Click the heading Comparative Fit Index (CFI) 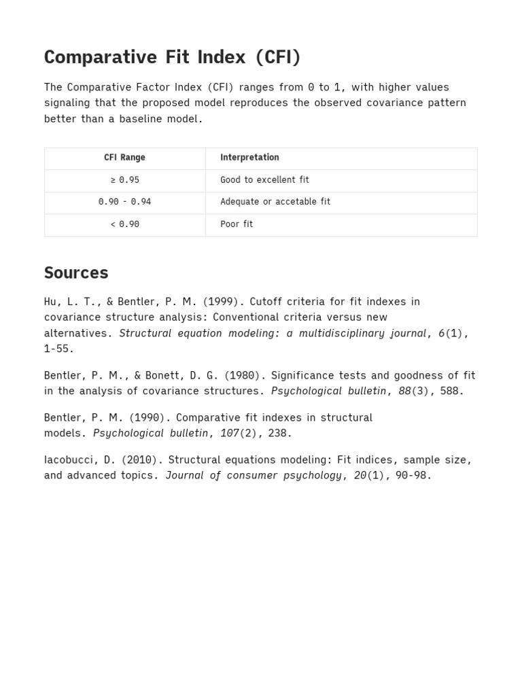click(172, 58)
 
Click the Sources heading click(76, 273)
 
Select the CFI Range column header click(124, 158)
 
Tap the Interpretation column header click(249, 158)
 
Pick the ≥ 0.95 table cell click(124, 180)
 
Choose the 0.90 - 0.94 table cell click(124, 202)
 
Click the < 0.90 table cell click(124, 224)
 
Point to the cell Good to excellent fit click(264, 180)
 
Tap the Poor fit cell click(237, 224)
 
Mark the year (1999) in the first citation click(223, 302)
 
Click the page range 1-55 click(58, 349)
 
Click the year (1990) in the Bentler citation click(149, 417)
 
